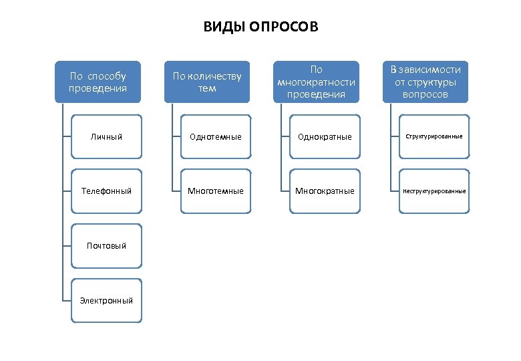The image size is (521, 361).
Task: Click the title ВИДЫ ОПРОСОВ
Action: pos(260,27)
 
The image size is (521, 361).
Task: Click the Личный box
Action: pos(107,136)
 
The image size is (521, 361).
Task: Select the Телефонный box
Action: pos(107,191)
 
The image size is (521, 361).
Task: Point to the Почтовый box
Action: pos(107,245)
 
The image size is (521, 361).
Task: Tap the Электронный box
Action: pos(107,300)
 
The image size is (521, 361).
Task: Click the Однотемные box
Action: pos(216,136)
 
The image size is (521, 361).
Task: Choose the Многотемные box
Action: pos(216,191)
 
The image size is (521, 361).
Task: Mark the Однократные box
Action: pos(325,136)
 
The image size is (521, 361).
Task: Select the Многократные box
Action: pos(325,191)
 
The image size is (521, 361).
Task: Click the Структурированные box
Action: pos(434,136)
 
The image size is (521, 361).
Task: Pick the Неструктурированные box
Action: pos(434,191)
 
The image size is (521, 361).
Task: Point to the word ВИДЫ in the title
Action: pos(223,27)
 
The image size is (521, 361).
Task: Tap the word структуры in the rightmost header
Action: pos(433,82)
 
